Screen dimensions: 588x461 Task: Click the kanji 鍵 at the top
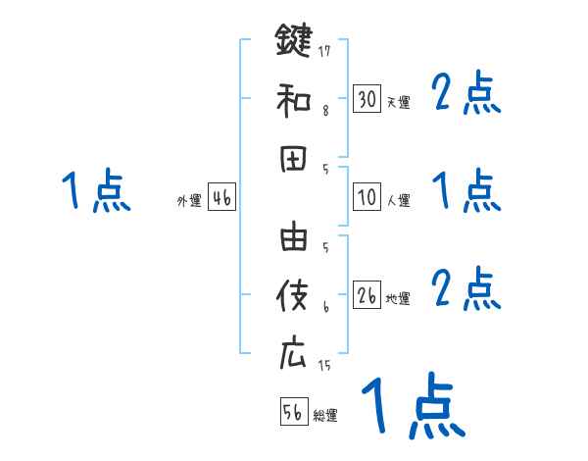coord(293,41)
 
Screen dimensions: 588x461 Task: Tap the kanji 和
coord(293,100)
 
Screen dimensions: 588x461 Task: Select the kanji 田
coord(293,160)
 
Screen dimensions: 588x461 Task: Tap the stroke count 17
coord(325,50)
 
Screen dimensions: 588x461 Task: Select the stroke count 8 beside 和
coord(325,110)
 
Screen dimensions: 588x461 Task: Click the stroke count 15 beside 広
coord(325,366)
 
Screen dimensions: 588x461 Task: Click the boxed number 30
coord(367,98)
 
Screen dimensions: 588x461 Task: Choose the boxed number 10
coord(367,196)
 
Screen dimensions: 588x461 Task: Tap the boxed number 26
coord(367,294)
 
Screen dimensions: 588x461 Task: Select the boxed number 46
coord(221,197)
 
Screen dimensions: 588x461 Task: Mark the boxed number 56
coord(293,412)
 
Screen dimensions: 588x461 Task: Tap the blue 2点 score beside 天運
coord(466,94)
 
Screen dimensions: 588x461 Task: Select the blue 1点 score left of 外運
coord(95,190)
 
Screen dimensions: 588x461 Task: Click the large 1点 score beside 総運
coord(413,406)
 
